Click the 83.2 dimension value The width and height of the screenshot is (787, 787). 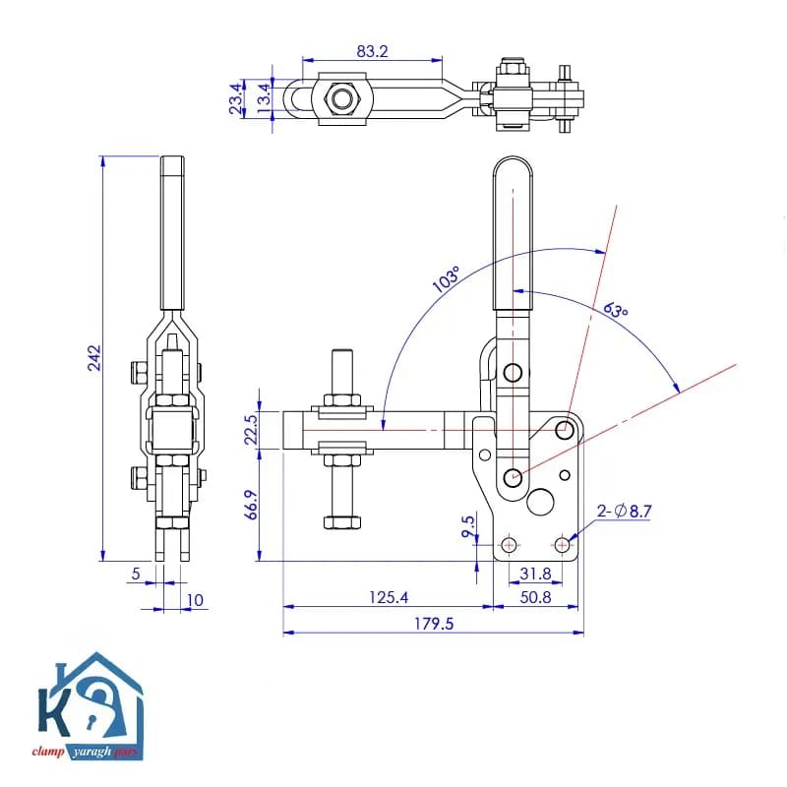click(x=372, y=51)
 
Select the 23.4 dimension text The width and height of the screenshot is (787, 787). click(x=236, y=99)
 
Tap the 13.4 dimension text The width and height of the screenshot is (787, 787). click(x=264, y=99)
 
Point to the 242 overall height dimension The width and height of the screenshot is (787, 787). click(x=94, y=358)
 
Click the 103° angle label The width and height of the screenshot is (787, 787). click(x=447, y=279)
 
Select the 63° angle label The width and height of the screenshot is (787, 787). click(x=616, y=310)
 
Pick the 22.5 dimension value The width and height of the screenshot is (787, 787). click(x=251, y=430)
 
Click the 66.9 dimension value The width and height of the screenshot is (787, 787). click(x=252, y=505)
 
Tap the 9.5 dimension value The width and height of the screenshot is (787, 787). click(x=468, y=526)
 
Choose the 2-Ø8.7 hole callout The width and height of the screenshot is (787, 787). click(x=624, y=512)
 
